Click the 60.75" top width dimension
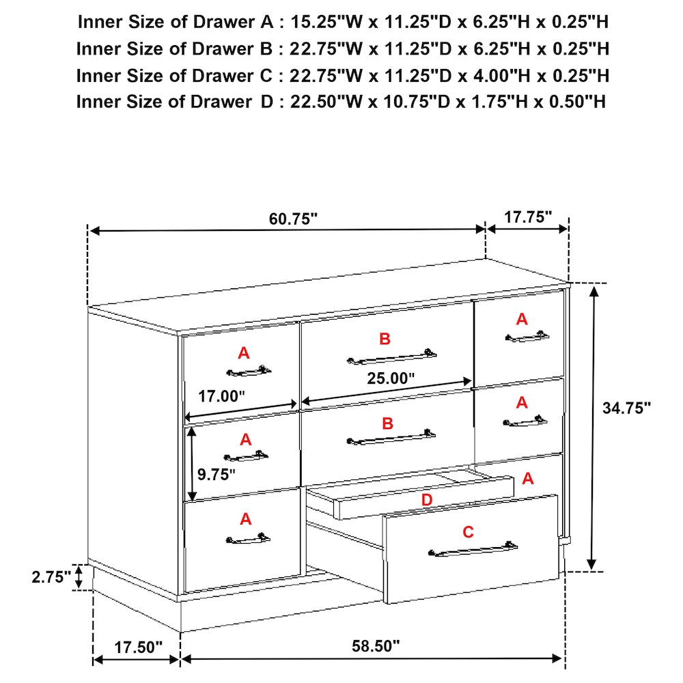(x=293, y=219)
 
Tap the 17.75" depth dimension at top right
(x=528, y=217)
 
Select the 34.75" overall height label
(x=626, y=408)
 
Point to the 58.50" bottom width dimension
(x=376, y=645)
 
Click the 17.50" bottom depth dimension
(x=138, y=647)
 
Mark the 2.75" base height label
(x=51, y=577)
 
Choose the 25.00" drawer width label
(x=390, y=378)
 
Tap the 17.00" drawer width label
(x=221, y=396)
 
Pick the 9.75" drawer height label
(x=216, y=475)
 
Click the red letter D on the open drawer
(x=427, y=500)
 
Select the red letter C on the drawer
(x=468, y=532)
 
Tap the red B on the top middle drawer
(x=385, y=339)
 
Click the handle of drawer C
(x=473, y=550)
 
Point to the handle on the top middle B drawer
(x=391, y=357)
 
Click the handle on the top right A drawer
(x=527, y=337)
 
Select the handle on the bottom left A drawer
(x=248, y=539)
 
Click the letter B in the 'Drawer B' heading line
(x=266, y=48)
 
